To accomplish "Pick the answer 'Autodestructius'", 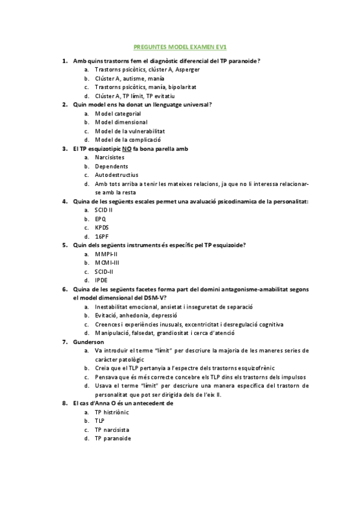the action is [117, 175].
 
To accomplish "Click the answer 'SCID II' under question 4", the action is [104, 210].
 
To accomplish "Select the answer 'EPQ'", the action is [101, 219].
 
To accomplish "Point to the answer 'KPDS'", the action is [102, 227].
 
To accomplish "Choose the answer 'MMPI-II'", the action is [106, 254].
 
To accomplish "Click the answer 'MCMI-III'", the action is [107, 263].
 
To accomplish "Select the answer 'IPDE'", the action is [102, 280].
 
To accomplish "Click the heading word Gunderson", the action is [88, 342].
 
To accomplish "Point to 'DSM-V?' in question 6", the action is [153, 298].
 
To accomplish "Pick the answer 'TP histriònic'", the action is [112, 413].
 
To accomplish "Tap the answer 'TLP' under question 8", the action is [100, 421].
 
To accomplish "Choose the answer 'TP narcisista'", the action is [112, 430].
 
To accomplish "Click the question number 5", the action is [65, 245].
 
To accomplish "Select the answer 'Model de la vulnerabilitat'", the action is [130, 131].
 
